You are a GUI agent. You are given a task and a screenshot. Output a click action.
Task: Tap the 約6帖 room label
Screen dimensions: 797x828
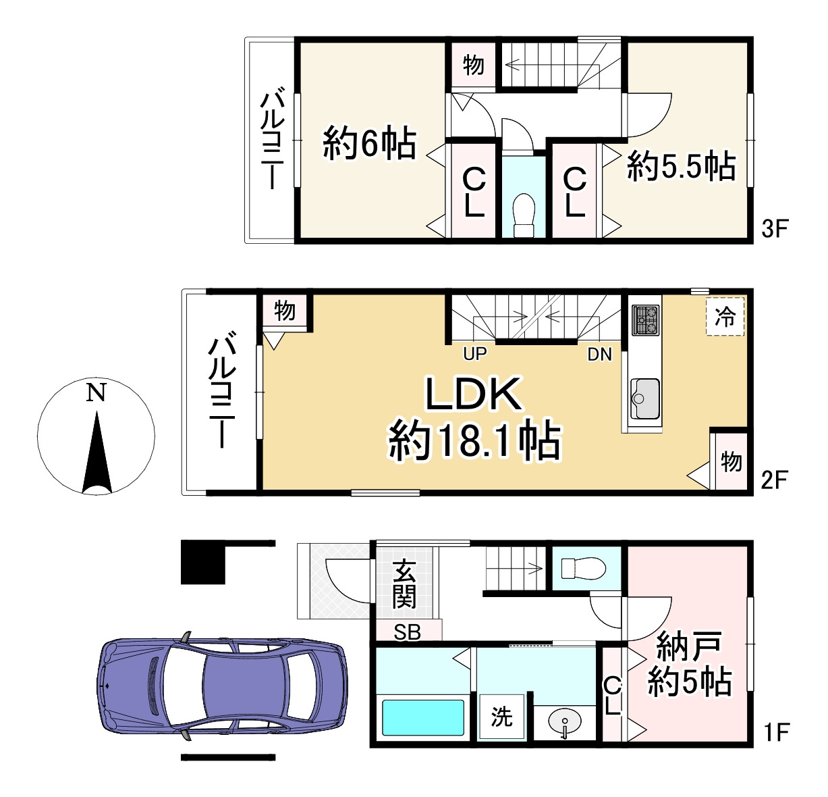pyautogui.click(x=368, y=143)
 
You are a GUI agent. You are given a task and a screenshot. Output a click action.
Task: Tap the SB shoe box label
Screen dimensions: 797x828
pyautogui.click(x=407, y=632)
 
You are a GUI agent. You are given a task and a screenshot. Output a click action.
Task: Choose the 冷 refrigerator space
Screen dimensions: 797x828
pyautogui.click(x=725, y=316)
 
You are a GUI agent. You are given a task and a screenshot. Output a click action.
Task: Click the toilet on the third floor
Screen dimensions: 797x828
pyautogui.click(x=523, y=215)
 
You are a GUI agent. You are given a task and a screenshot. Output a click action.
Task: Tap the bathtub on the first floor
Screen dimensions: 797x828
pyautogui.click(x=423, y=717)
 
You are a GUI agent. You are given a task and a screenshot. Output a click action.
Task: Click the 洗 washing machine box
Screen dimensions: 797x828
pyautogui.click(x=501, y=717)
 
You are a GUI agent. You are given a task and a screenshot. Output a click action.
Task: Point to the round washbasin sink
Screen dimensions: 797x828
pyautogui.click(x=563, y=722)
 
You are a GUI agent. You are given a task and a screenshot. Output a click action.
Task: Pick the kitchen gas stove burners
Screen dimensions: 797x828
pyautogui.click(x=645, y=320)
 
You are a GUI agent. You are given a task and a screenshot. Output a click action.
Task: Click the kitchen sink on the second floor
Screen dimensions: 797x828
pyautogui.click(x=645, y=398)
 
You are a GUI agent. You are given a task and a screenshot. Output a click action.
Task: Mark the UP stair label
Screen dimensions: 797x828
pyautogui.click(x=475, y=353)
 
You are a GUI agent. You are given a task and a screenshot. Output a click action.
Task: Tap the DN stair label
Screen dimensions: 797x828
pyautogui.click(x=599, y=353)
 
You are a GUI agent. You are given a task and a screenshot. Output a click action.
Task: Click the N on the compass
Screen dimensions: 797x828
pyautogui.click(x=96, y=393)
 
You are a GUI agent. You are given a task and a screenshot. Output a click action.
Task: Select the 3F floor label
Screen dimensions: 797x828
pyautogui.click(x=774, y=229)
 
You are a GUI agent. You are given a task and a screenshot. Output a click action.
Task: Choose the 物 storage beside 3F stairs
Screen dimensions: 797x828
pyautogui.click(x=473, y=66)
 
